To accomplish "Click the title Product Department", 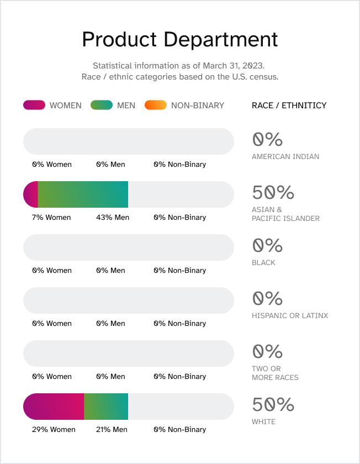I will tap(180, 40).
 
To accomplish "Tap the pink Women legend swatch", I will tap(34, 105).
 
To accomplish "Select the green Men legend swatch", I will tap(102, 105).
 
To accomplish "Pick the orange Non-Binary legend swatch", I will tap(155, 105).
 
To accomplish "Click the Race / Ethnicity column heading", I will tap(289, 106).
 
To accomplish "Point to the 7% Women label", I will tap(51, 218).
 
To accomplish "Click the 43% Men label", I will tap(113, 218).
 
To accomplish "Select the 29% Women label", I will tap(54, 430).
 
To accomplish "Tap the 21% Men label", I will tap(112, 430).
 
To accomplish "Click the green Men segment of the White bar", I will tap(106, 407).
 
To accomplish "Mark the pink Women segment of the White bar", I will tap(54, 407).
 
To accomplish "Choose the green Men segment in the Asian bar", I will tap(83, 194).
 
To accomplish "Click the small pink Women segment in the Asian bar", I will tap(31, 194).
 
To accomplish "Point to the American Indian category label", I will tap(285, 157).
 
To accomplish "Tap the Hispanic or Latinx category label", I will tap(290, 316).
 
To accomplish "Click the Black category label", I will tap(263, 263).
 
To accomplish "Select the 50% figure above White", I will tap(273, 405).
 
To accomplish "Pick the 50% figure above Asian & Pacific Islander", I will tap(273, 193).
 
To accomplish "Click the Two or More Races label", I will tap(275, 373).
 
